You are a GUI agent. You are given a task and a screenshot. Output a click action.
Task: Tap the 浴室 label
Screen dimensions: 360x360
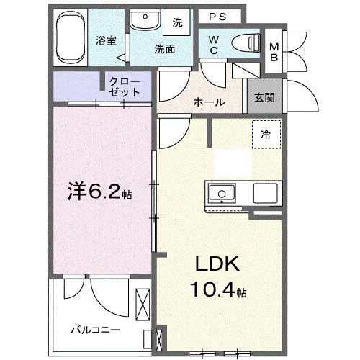tap(107, 41)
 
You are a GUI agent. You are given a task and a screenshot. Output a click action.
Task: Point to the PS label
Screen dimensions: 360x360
tap(217, 16)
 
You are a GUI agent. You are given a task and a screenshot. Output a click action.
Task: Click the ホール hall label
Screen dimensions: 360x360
tap(209, 102)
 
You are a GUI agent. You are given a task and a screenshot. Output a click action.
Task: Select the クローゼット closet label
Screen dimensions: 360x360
tap(125, 87)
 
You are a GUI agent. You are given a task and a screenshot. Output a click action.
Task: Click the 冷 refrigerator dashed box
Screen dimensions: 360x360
tap(266, 134)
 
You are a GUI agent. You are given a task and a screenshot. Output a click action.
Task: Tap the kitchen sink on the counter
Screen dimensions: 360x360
tap(222, 192)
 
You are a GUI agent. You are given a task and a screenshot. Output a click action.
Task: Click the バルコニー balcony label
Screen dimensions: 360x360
tap(95, 330)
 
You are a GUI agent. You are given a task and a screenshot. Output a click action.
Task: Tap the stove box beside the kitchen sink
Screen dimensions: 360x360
tap(265, 192)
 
